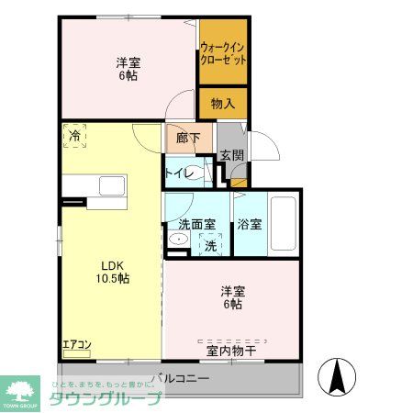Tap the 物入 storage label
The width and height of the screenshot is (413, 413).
click(223, 104)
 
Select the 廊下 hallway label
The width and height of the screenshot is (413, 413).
click(177, 139)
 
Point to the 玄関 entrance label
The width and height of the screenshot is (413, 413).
click(231, 156)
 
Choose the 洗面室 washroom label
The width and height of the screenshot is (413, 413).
click(195, 223)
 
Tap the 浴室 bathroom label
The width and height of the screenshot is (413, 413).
click(250, 223)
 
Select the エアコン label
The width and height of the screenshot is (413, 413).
click(76, 345)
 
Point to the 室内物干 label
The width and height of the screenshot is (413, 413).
click(230, 350)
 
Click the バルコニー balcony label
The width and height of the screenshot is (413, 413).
click(182, 377)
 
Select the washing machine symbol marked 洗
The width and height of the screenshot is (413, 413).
click(211, 245)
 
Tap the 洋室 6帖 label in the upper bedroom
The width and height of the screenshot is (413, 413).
click(128, 70)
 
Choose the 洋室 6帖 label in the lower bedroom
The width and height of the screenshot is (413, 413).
click(231, 297)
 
